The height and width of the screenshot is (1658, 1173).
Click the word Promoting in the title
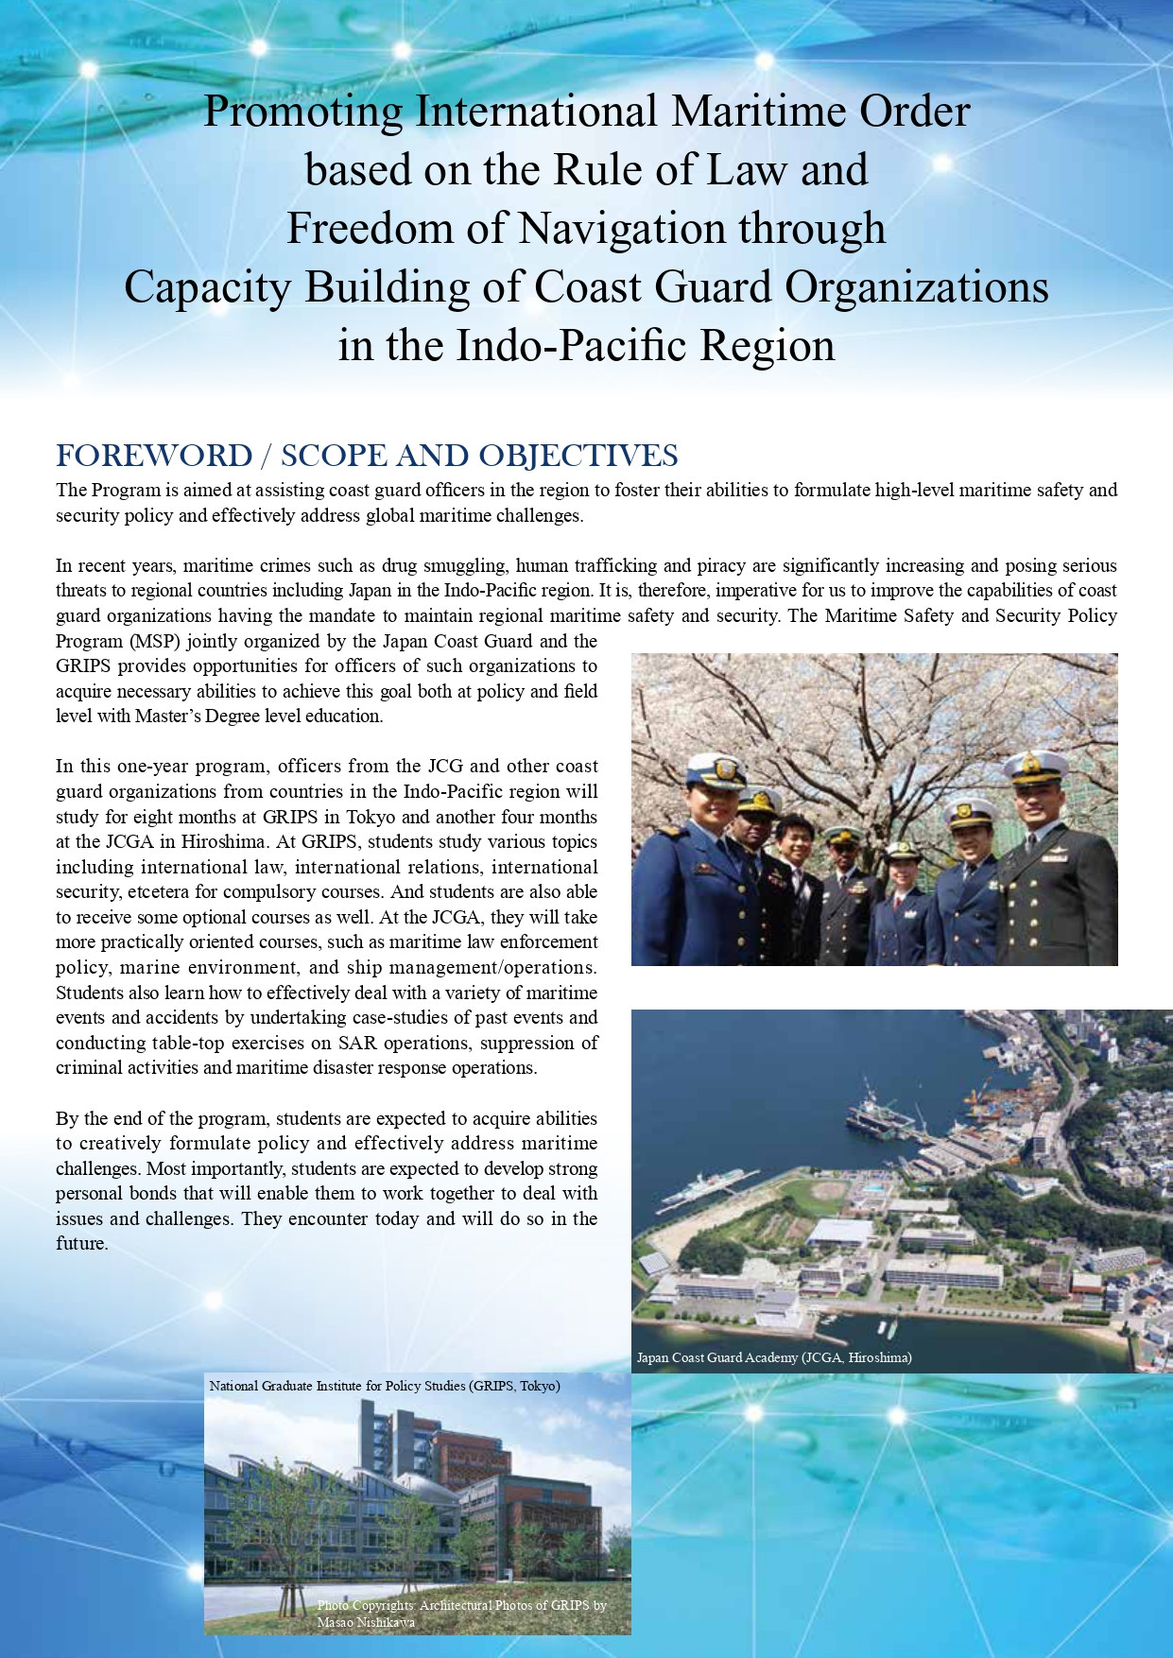pyautogui.click(x=303, y=112)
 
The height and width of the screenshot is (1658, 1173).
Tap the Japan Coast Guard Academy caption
pyautogui.click(x=773, y=1357)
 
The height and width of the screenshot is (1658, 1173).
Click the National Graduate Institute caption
pyautogui.click(x=385, y=1386)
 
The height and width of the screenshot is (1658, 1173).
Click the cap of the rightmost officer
pyautogui.click(x=1035, y=767)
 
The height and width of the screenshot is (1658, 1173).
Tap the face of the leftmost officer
pyautogui.click(x=716, y=803)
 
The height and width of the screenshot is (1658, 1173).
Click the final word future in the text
pyautogui.click(x=80, y=1244)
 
